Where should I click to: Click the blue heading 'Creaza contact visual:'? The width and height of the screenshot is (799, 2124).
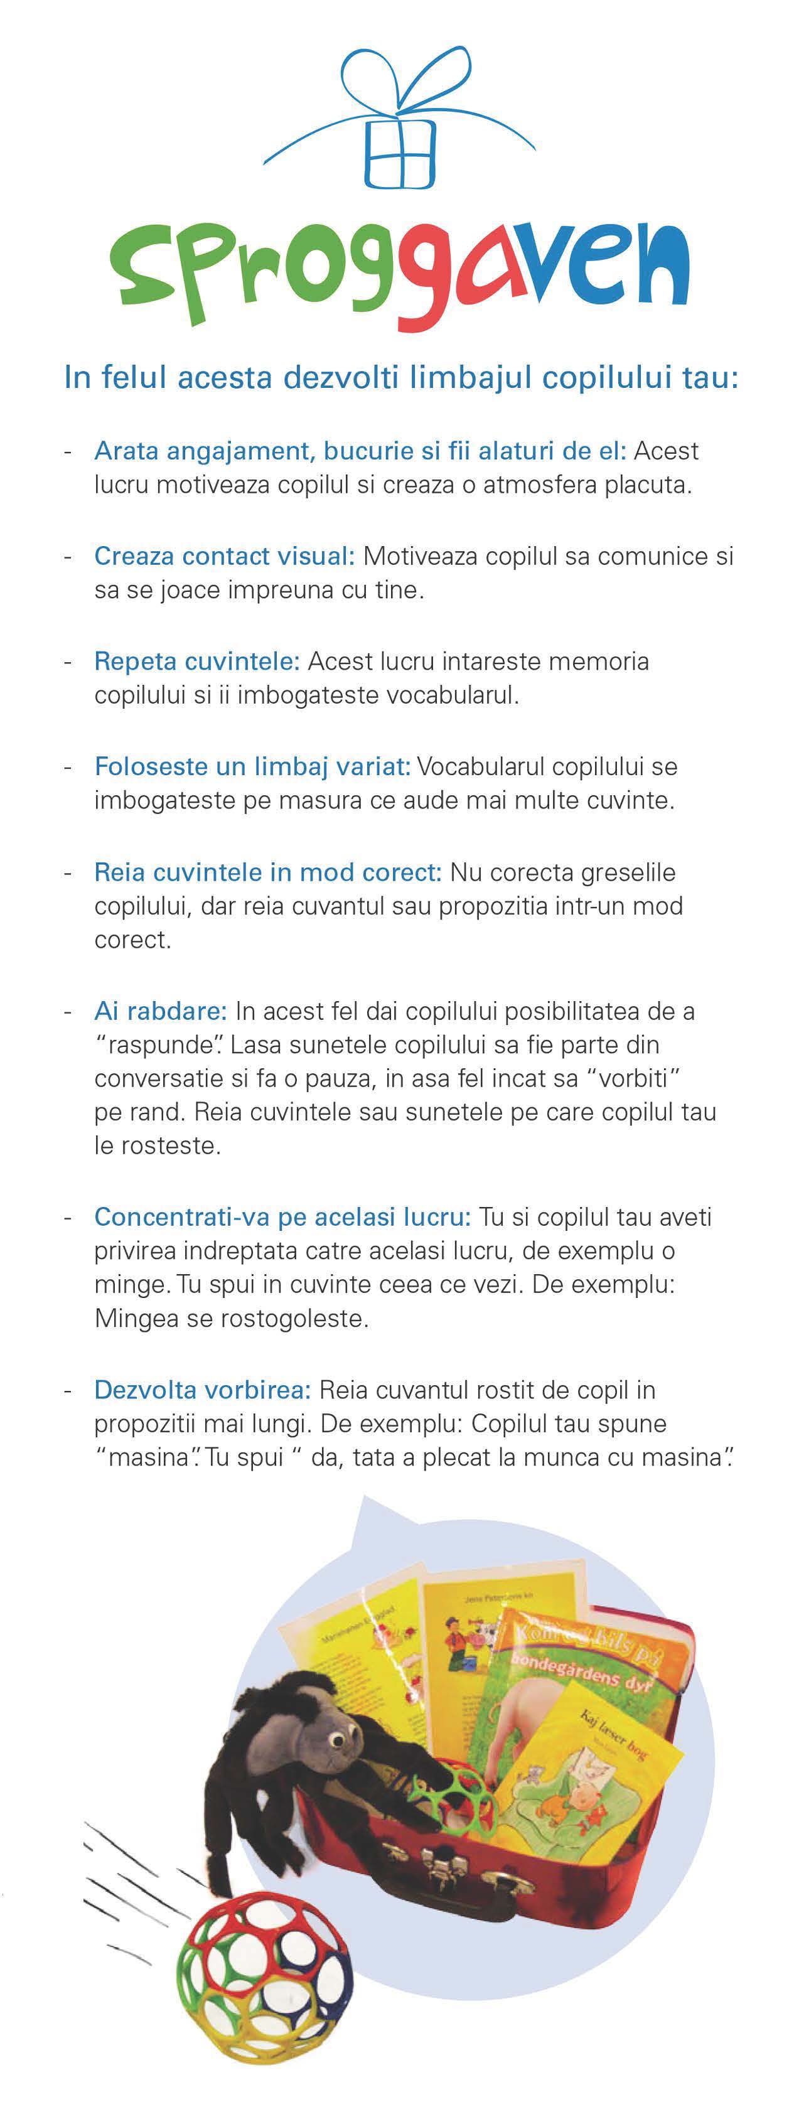[x=224, y=557]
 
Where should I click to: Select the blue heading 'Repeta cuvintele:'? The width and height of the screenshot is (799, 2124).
[x=197, y=662]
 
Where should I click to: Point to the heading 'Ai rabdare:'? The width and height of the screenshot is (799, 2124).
[x=160, y=1011]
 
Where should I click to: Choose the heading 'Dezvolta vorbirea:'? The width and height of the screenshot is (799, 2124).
[x=202, y=1390]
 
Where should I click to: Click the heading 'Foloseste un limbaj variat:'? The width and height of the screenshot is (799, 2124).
[x=252, y=767]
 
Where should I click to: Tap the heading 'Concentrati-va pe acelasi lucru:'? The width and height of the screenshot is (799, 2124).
[x=282, y=1217]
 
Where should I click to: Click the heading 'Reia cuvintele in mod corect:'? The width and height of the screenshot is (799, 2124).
[x=268, y=872]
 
